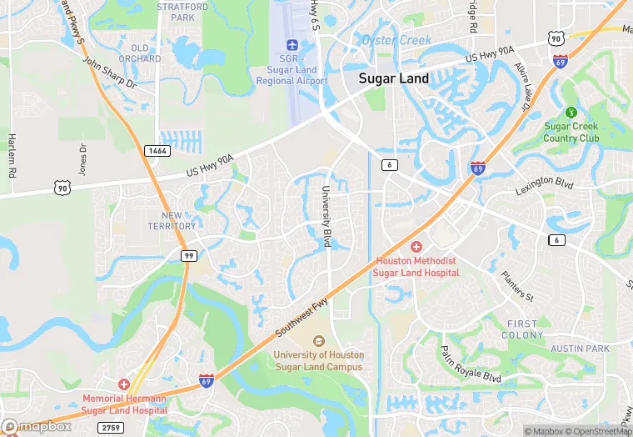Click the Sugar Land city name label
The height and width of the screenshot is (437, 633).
(x=393, y=79)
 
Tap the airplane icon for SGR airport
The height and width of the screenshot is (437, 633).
(x=292, y=44)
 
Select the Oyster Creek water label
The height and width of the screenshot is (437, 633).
(x=396, y=40)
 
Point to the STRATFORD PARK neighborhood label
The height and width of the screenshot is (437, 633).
(x=182, y=12)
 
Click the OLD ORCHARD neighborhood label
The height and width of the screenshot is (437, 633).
(x=140, y=53)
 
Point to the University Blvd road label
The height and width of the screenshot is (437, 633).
(x=327, y=216)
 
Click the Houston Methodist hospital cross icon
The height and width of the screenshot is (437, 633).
(x=416, y=247)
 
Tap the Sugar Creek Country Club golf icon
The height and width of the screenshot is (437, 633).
(x=571, y=113)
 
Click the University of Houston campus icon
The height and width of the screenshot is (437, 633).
(x=318, y=340)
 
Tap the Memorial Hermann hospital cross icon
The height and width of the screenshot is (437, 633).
(x=124, y=384)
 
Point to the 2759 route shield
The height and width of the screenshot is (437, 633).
(x=110, y=427)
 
